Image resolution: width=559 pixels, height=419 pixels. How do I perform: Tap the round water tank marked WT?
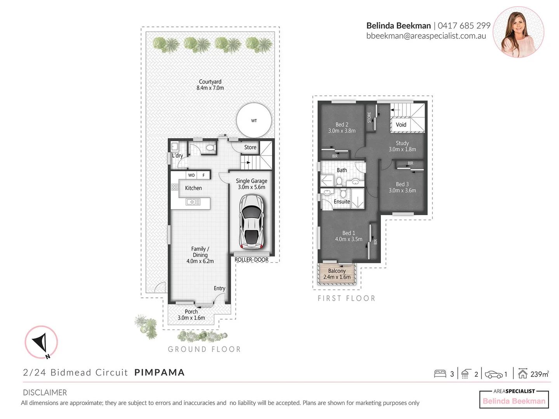(x=254, y=120)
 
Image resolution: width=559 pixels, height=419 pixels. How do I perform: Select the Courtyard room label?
(x=210, y=85)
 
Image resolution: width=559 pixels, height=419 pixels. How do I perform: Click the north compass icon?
(x=41, y=342)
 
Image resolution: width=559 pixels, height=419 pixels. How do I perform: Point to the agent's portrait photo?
(x=518, y=32)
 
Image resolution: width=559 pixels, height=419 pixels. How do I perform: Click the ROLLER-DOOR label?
(x=252, y=260)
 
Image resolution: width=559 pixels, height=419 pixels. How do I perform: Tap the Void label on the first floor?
(x=401, y=125)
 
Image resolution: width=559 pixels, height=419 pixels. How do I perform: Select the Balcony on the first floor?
(x=337, y=274)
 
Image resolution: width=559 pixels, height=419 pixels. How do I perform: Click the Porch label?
(x=191, y=314)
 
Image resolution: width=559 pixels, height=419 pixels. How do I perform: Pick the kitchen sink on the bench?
(x=193, y=202)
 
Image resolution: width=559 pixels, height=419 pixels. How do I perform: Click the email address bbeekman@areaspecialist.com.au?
(x=426, y=36)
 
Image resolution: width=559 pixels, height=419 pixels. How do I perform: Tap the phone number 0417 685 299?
(x=464, y=26)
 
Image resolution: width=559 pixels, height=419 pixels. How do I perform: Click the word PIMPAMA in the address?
(x=159, y=372)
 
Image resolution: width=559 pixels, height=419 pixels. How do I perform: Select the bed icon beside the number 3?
(x=440, y=374)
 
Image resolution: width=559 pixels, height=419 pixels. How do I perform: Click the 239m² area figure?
(x=539, y=374)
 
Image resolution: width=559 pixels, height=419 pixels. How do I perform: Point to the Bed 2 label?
(x=342, y=128)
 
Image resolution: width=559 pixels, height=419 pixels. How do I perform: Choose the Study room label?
(x=402, y=146)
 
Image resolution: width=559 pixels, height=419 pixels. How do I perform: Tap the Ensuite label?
(x=342, y=202)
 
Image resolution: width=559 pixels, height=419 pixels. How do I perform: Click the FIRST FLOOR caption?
(x=346, y=298)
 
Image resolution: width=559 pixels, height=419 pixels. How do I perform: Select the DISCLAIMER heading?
(x=45, y=392)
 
